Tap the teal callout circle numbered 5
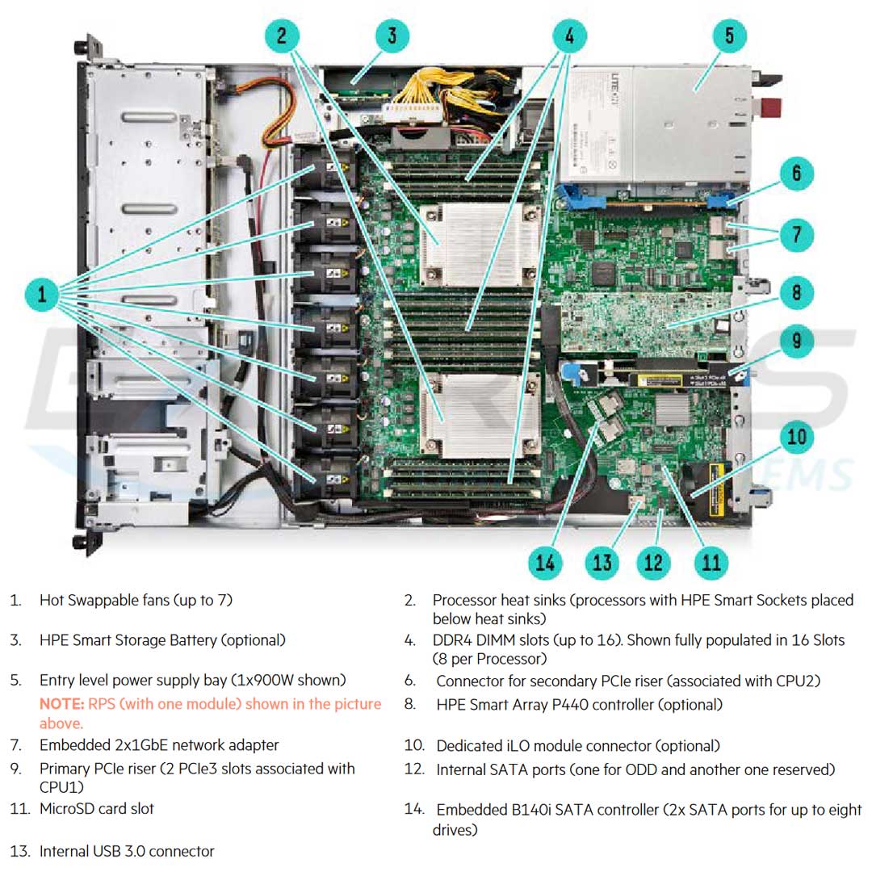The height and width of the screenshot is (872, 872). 728,36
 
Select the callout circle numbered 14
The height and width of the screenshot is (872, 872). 545,562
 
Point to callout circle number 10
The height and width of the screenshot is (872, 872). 796,437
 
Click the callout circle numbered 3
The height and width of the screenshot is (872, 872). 392,36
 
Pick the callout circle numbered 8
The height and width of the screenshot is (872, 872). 796,291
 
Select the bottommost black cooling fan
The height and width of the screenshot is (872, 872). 327,480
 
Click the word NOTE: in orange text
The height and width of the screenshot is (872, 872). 61,704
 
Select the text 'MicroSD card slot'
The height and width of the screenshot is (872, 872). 97,808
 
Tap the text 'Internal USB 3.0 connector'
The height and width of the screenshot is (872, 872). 127,851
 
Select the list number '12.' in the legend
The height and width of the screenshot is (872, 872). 414,769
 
